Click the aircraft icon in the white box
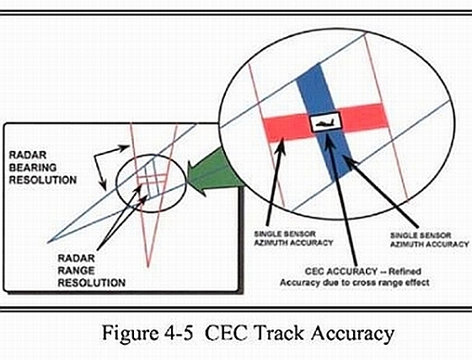point(324,122)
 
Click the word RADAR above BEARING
point(28,155)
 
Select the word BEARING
point(33,168)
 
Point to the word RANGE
point(76,271)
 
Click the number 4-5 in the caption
point(179,333)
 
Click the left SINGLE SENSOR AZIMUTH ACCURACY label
point(293,239)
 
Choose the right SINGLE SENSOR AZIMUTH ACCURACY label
point(430,239)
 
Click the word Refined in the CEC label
point(405,271)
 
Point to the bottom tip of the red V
point(147,266)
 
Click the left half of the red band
point(287,129)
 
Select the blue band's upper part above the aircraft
point(314,89)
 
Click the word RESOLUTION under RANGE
point(92,283)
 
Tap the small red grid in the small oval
point(152,179)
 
